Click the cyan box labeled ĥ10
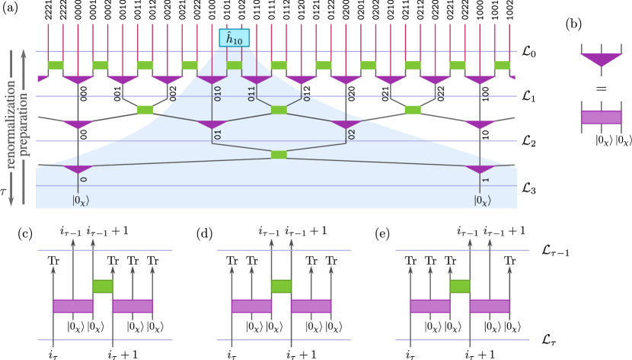pos(234,38)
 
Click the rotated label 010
pos(217,93)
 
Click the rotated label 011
pos(251,93)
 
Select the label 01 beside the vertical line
pos(217,135)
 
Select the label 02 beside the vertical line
pos(351,135)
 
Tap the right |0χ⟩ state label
pos(483,201)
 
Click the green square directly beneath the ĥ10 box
pos(234,66)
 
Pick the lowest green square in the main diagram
pos(279,155)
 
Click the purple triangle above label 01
pos(212,124)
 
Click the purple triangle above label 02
pos(346,124)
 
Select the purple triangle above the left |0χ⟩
pos(78,169)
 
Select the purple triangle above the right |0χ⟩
pos(480,169)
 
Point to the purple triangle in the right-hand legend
pos(601,59)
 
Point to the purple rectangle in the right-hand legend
pos(601,117)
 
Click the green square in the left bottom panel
pos(103,286)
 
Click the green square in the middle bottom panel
pos(281,286)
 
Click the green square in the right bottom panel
pos(460,286)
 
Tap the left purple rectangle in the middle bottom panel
pos(251,306)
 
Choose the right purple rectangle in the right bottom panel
pos(490,306)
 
